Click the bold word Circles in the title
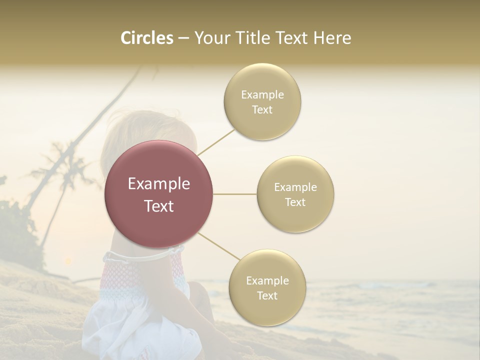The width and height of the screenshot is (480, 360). click(x=147, y=38)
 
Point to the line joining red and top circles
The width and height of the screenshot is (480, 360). click(x=216, y=141)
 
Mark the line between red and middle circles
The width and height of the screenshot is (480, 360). click(x=234, y=194)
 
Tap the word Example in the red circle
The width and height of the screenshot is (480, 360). click(x=159, y=184)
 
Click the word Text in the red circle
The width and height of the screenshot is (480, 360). click(x=159, y=206)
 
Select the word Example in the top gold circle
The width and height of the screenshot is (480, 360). click(x=262, y=94)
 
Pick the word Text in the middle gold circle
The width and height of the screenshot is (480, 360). click(x=295, y=202)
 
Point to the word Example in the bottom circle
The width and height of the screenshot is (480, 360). click(x=267, y=280)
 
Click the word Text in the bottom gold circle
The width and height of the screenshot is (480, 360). click(x=267, y=295)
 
